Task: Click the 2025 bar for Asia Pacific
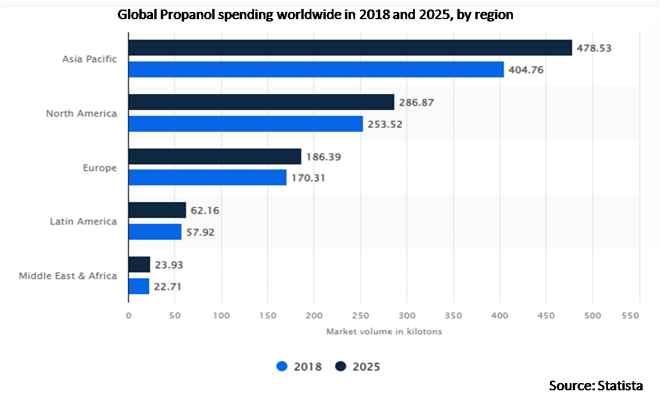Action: (x=350, y=48)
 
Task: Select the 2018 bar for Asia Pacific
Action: (x=316, y=69)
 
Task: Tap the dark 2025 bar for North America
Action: (x=261, y=102)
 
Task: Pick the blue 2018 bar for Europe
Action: (x=207, y=178)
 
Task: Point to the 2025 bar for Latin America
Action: (x=157, y=210)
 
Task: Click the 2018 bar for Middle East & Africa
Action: (x=139, y=286)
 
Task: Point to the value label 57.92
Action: (x=200, y=232)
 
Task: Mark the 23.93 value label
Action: (x=169, y=265)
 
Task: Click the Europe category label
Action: (x=100, y=168)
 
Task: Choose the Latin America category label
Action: (x=83, y=221)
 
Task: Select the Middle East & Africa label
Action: (x=68, y=276)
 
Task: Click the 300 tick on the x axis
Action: (x=407, y=314)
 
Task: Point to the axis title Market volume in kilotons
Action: (x=384, y=331)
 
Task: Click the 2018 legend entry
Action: (x=300, y=366)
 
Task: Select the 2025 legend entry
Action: (x=357, y=366)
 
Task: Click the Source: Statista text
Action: (x=596, y=385)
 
